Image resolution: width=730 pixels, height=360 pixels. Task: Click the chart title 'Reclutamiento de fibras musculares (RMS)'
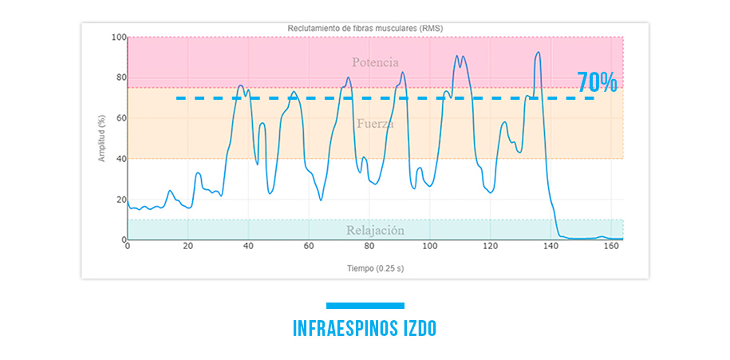coord(365,28)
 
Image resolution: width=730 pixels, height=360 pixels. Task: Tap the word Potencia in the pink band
coord(375,62)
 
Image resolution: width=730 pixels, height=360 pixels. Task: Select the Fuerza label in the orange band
coord(375,124)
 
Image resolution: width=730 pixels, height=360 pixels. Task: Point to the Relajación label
coord(375,231)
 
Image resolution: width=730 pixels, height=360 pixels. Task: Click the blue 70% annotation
coord(597,82)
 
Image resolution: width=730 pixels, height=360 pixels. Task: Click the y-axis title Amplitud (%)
coord(101,138)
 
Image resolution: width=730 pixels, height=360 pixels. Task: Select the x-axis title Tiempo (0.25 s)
coord(375,267)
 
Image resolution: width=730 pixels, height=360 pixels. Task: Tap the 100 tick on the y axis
coord(118,38)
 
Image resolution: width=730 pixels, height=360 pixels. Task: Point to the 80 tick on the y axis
coord(120,78)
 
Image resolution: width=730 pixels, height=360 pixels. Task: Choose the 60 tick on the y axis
coord(120,118)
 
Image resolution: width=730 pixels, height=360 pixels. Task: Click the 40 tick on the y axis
coord(120,159)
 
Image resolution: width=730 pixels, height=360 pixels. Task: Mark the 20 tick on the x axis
coord(188,247)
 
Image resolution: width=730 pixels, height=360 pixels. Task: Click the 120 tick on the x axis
coord(490,247)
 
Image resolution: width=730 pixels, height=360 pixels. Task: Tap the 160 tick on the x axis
coord(610,247)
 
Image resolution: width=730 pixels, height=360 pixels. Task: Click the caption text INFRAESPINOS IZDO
coord(365,329)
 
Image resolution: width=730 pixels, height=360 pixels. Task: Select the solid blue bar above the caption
coord(365,305)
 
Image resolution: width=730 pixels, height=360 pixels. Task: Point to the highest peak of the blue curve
coord(539,53)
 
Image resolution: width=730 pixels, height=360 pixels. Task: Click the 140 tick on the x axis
coord(550,247)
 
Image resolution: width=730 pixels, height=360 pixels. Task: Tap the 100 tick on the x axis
coord(429,247)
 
